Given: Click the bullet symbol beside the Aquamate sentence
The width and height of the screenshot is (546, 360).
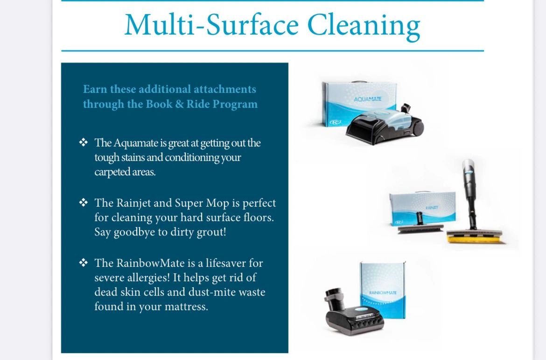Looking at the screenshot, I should click(x=84, y=142).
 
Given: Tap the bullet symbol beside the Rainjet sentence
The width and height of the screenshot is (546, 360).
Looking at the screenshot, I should click(x=84, y=203).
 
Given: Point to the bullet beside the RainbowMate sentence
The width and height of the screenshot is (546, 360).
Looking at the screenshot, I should click(x=84, y=263).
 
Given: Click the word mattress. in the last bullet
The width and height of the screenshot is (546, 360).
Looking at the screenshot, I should click(x=184, y=307).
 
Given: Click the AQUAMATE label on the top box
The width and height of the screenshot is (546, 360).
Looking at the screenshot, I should click(x=368, y=99).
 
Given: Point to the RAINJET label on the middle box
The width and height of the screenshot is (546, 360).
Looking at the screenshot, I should click(x=431, y=207).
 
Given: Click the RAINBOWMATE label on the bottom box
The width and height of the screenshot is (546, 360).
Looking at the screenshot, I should click(x=383, y=292).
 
